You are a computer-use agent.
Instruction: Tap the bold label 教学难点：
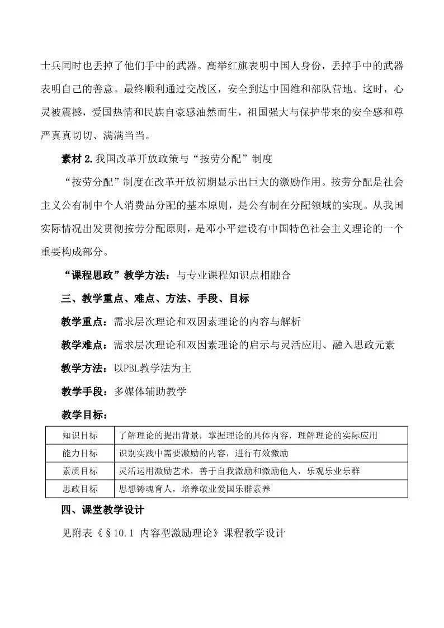pyautogui.click(x=85, y=344)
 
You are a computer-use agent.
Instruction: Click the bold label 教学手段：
pyautogui.click(x=85, y=391)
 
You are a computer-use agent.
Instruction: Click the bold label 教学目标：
pyautogui.click(x=85, y=415)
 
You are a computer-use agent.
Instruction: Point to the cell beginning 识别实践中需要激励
pyautogui.click(x=204, y=453)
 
